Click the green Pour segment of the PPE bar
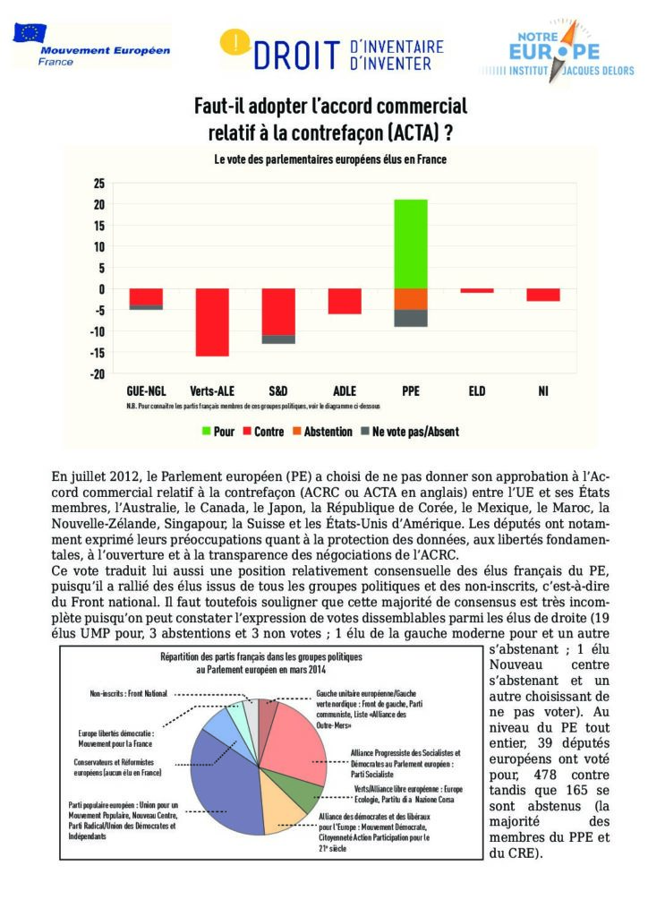411,244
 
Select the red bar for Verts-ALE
212,321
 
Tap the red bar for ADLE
345,301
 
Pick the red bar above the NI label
543,295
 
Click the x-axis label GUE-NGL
146,391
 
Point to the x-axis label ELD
477,391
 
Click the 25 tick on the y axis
99,183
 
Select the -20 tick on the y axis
97,373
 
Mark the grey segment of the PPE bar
411,318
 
